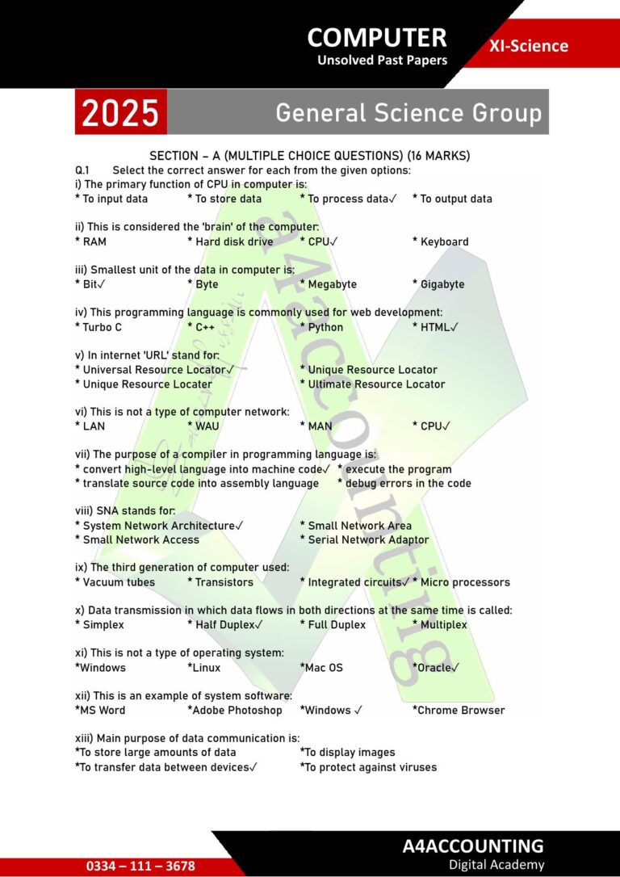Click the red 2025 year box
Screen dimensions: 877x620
[x=120, y=112]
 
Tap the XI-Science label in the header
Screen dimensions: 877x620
[x=529, y=46]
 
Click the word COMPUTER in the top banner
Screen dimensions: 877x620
[x=377, y=37]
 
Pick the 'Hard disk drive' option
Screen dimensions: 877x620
[x=233, y=241]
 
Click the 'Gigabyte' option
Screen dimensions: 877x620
[x=442, y=284]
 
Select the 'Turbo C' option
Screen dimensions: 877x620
[x=102, y=327]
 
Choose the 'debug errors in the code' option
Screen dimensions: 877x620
[x=408, y=483]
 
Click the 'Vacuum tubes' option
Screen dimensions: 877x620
[x=118, y=582]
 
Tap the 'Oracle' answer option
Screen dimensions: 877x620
[x=435, y=668]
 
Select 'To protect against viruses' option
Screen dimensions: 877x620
[x=371, y=767]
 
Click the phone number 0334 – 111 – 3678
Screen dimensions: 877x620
[x=140, y=866]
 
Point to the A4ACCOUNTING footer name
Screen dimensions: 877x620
[x=473, y=846]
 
